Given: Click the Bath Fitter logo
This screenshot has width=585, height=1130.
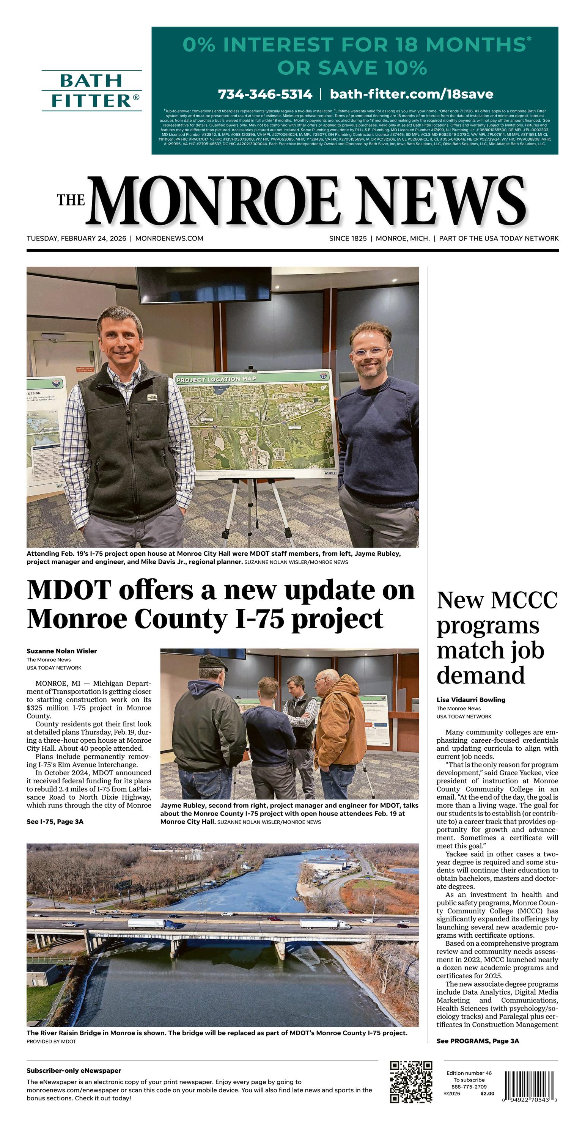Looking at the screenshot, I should coord(92,91).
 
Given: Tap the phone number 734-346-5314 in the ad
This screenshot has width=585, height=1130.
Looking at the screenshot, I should coord(265,94).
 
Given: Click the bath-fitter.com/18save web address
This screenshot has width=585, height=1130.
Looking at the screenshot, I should coord(411,94).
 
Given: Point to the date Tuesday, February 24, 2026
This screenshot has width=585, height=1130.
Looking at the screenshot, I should coord(76,239).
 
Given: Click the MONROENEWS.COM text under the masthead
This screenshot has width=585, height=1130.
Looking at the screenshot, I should coord(170,239).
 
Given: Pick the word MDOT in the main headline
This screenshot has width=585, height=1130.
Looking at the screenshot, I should coord(70,591).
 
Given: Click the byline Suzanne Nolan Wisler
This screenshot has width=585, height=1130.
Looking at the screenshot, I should coord(62,651).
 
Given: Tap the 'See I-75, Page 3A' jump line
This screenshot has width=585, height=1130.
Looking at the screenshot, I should coord(55,822).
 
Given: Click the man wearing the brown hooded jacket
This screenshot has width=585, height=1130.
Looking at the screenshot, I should coord(341,728).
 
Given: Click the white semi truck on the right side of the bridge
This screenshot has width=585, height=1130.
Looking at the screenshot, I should coord(325,924).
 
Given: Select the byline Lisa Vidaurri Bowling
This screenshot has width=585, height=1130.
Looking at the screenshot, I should coord(471,700).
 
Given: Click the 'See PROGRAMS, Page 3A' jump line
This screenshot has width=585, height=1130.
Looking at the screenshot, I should coord(478,1041).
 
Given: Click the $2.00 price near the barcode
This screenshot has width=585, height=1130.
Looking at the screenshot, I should coord(487,1094).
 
